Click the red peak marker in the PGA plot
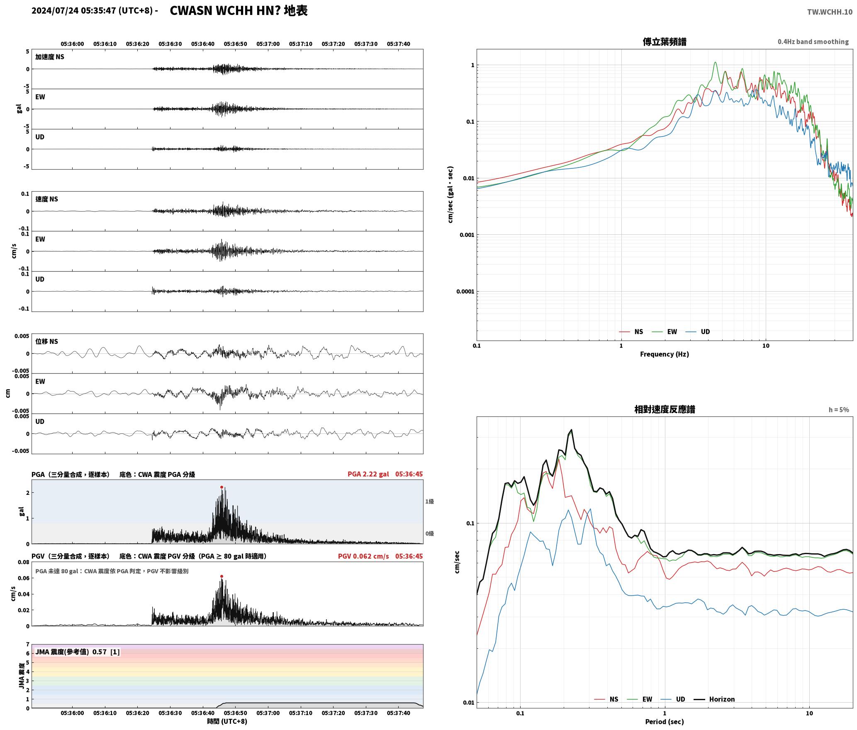(222, 487)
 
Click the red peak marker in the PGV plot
(222, 576)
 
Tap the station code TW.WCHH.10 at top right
(830, 12)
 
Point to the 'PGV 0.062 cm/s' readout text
(363, 556)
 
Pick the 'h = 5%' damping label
(839, 409)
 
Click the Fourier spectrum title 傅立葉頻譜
(665, 41)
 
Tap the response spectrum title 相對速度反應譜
(665, 409)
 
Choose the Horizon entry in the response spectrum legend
(714, 699)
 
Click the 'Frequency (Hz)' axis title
(665, 354)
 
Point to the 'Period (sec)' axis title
(665, 721)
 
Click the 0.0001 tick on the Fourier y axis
(465, 291)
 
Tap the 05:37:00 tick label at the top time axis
(268, 44)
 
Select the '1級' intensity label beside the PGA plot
(429, 501)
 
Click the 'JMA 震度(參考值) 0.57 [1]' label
(77, 652)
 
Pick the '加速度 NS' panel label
(50, 57)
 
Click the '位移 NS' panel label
(46, 341)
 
